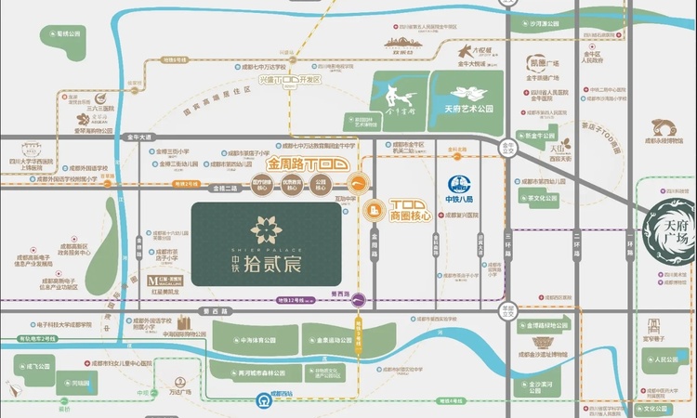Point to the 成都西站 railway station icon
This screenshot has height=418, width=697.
tap(263, 401)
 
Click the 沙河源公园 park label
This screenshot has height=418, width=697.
tap(546, 24)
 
